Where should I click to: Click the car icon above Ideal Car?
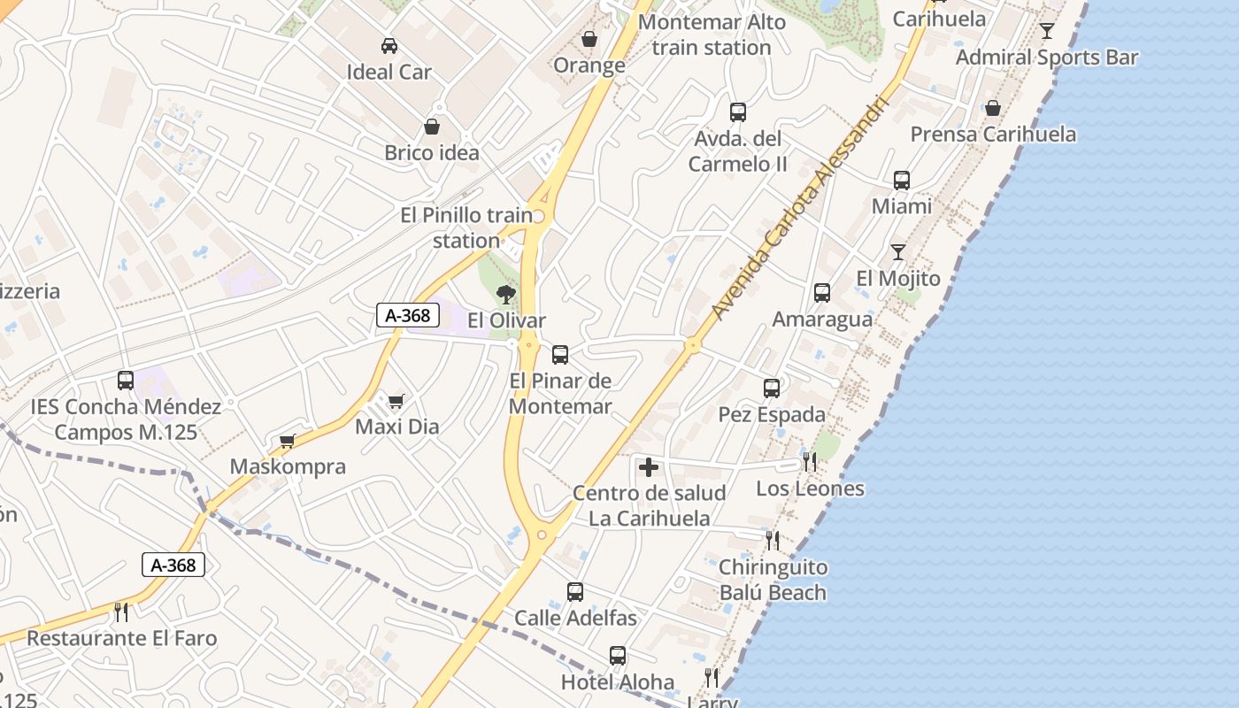[x=389, y=46]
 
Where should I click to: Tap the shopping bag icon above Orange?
[x=589, y=39]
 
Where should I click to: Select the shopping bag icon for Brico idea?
[x=432, y=127]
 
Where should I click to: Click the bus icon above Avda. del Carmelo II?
[x=738, y=112]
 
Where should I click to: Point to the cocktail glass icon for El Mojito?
[x=898, y=252]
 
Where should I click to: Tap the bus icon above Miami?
[x=902, y=181]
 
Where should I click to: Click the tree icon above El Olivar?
[x=506, y=295]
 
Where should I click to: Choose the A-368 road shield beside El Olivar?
[x=408, y=315]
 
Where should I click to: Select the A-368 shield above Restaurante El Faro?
[x=173, y=565]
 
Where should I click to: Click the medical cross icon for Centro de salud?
[x=649, y=467]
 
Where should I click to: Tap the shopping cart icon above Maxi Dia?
[x=396, y=402]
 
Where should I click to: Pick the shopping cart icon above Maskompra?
[x=287, y=441]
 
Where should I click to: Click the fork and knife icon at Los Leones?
[x=809, y=462]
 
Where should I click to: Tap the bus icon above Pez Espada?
[x=772, y=389]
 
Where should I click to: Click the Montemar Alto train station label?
[x=712, y=35]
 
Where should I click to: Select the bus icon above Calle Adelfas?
[x=575, y=592]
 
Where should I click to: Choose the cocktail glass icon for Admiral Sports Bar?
[x=1047, y=31]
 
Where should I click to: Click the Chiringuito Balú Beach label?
[x=773, y=580]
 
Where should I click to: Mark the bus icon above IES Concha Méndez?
[x=126, y=381]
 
